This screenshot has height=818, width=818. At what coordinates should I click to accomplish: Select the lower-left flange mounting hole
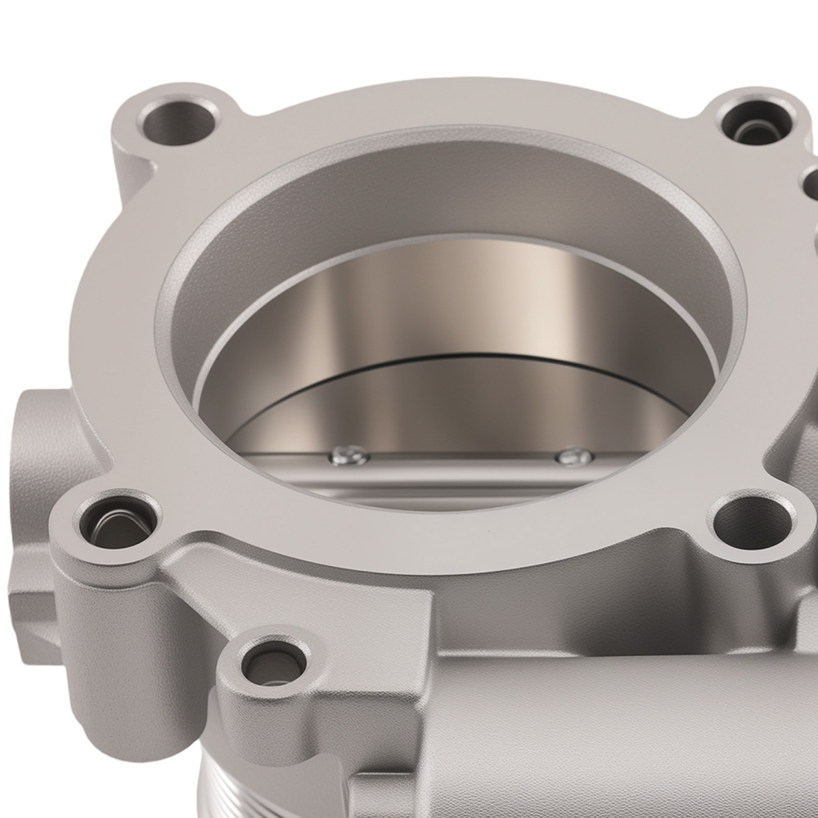coord(117,523)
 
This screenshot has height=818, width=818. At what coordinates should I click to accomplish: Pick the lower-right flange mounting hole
coord(751,522)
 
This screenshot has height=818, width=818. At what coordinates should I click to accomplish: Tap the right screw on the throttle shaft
coord(573,456)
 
